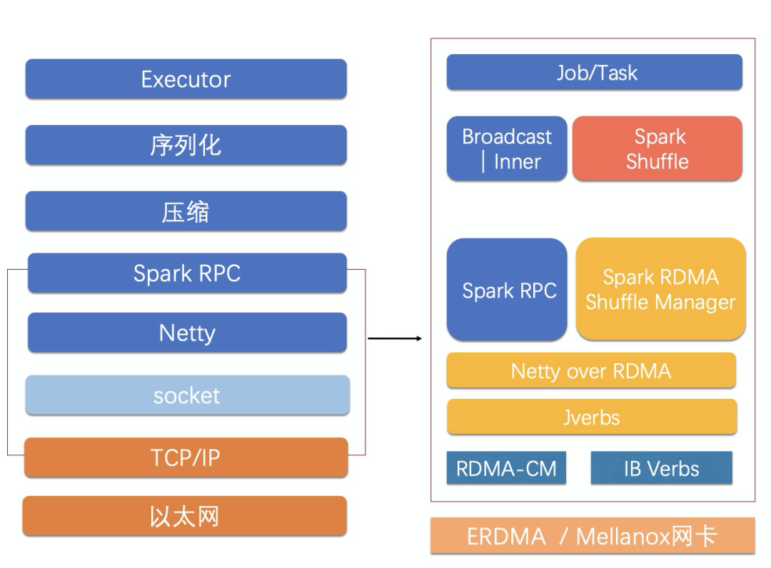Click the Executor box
tap(186, 78)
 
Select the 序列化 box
tap(186, 145)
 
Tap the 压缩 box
tap(186, 211)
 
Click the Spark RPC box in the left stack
tap(187, 273)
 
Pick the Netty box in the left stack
tap(187, 333)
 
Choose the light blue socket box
tap(187, 395)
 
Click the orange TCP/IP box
tap(186, 457)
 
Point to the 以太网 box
tap(185, 516)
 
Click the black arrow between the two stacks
tap(395, 338)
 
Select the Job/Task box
tap(595, 72)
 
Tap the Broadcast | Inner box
tap(507, 148)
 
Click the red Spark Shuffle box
tap(657, 148)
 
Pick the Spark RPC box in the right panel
tap(507, 290)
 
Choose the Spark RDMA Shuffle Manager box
tap(661, 289)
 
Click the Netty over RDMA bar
tap(591, 370)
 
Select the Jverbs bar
tap(592, 417)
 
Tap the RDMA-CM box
tap(506, 468)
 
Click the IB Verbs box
tap(661, 468)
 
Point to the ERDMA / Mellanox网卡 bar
tap(593, 536)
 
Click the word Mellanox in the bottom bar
tap(623, 536)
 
